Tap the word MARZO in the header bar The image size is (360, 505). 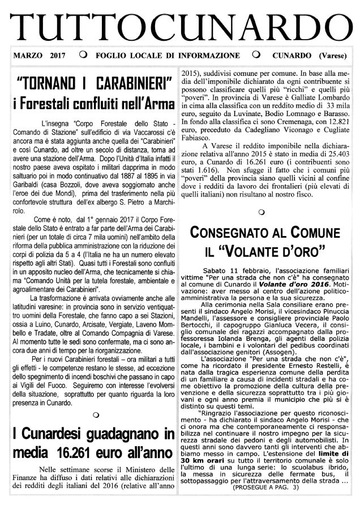[x=28, y=56]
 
